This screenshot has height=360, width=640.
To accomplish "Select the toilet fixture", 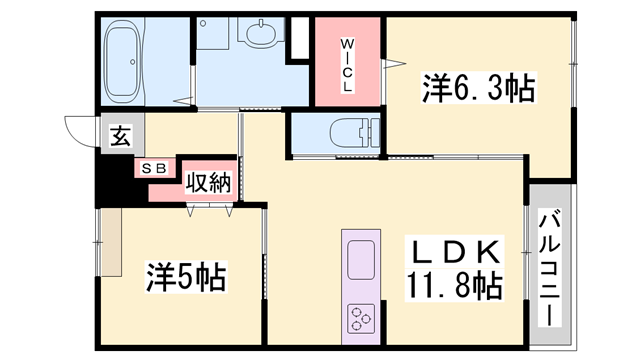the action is tap(355, 132).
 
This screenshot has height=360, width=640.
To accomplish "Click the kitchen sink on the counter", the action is tap(361, 260).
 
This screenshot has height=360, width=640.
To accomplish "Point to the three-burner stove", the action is tap(361, 318).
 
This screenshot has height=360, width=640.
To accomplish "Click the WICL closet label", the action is tap(347, 65).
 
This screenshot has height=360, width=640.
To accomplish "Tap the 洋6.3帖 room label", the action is tap(478, 87).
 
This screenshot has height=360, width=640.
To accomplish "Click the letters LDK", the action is tap(456, 252).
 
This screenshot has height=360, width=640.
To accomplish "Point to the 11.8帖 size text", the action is tap(454, 285).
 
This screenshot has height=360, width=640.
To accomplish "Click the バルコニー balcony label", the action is tap(549, 268).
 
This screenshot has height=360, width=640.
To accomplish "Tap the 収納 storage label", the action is tap(209, 182).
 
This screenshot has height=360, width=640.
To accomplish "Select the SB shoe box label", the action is tap(154, 168).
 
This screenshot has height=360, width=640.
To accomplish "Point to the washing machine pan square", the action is tap(213, 33).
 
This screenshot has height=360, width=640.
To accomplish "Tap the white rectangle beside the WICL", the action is tap(300, 38).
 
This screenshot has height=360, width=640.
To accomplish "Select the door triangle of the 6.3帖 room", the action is tap(394, 63).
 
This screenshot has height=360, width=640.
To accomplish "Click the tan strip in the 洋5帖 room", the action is tap(111, 242).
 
